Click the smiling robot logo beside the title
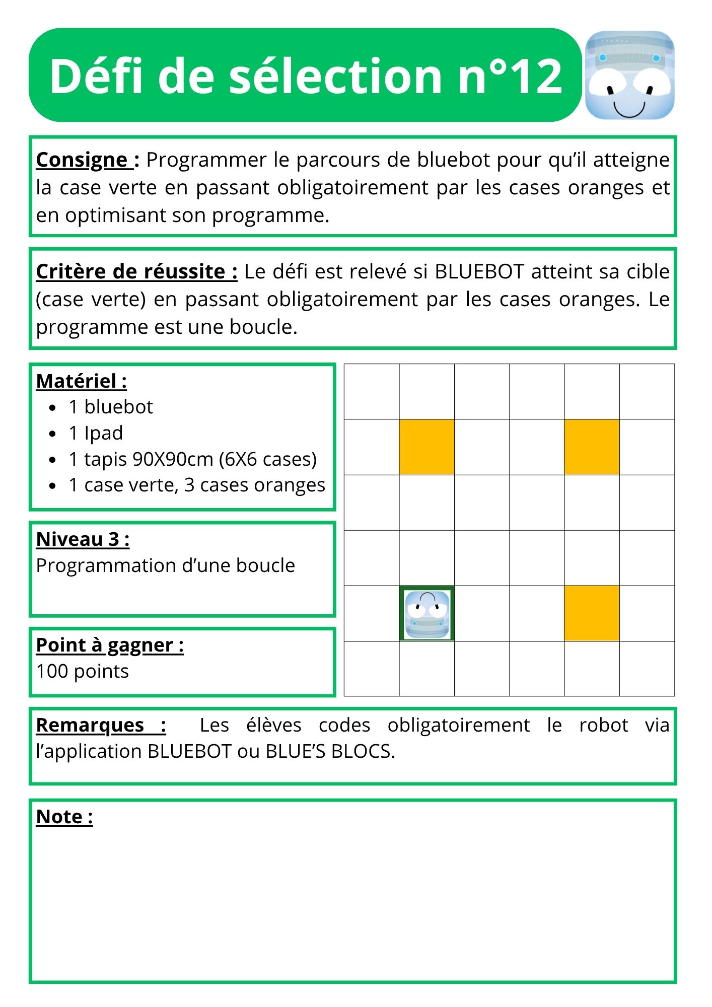(x=629, y=76)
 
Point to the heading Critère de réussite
(x=136, y=272)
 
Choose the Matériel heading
(x=81, y=381)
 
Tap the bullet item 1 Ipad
(x=96, y=433)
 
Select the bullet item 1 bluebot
(x=111, y=407)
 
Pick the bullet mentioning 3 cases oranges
(x=196, y=485)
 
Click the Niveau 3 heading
(x=83, y=539)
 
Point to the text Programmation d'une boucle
(x=165, y=565)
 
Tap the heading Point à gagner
(x=110, y=645)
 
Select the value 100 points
(x=83, y=671)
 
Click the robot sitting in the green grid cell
(x=427, y=614)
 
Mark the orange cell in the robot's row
(x=592, y=613)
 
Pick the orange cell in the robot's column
(x=427, y=447)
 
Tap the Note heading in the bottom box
(x=64, y=817)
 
